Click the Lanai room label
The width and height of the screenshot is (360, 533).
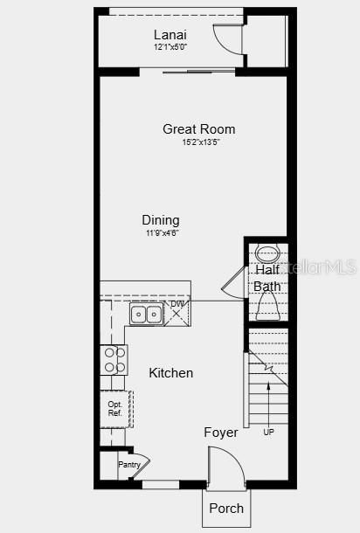tap(170, 34)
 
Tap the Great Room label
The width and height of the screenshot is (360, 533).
tap(198, 129)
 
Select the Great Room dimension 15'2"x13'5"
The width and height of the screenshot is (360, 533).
tap(200, 142)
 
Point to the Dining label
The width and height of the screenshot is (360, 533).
tap(161, 220)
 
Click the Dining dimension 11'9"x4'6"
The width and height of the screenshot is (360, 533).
tap(161, 233)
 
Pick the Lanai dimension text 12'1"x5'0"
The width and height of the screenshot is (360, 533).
tap(170, 46)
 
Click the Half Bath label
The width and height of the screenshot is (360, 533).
tap(267, 278)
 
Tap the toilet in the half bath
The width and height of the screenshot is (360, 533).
tap(267, 305)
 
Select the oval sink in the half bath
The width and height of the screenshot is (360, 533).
tap(267, 256)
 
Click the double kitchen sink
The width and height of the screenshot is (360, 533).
tap(146, 314)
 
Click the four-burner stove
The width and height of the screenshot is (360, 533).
tap(114, 359)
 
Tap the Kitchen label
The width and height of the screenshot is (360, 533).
tap(171, 373)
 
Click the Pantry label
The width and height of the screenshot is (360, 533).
tap(129, 465)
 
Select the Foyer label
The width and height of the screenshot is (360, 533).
tap(221, 433)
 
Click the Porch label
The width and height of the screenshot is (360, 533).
tap(226, 508)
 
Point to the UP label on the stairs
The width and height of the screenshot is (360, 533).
tap(268, 432)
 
